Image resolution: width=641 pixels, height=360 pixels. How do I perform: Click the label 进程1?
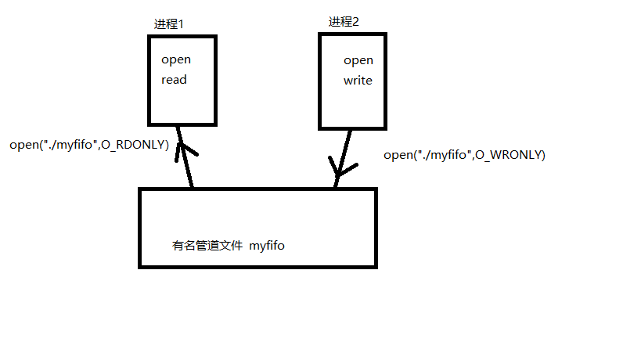(168, 24)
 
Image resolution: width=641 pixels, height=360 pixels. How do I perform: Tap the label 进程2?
(344, 21)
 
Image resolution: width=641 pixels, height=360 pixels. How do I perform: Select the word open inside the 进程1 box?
(176, 59)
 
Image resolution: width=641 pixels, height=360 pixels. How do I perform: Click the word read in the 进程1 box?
(175, 79)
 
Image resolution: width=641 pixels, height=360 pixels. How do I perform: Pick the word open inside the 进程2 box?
(358, 60)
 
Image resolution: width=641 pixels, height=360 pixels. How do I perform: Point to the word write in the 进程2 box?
(358, 80)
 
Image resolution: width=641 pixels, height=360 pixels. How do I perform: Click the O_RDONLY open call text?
(89, 145)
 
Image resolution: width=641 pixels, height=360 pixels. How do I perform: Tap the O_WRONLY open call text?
(464, 155)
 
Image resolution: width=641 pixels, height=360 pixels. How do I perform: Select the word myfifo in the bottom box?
(267, 246)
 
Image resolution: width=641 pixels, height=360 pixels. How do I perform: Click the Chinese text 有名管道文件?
(207, 246)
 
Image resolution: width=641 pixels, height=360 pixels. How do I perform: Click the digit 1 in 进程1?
(181, 24)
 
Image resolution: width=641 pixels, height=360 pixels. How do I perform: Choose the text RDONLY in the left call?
(143, 145)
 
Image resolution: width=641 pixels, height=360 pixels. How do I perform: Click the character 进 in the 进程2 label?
(334, 21)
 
